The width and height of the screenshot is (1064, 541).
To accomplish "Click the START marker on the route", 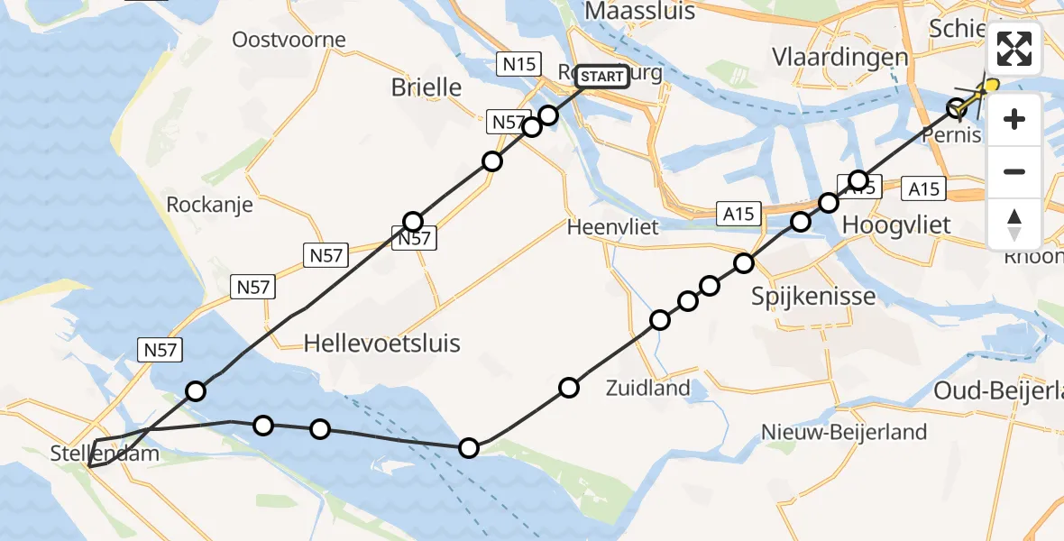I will [601, 77].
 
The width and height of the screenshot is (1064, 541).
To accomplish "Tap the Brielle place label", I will [427, 87].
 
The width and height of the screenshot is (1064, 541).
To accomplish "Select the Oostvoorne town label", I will [289, 40].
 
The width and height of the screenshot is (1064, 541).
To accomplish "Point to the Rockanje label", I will [209, 205].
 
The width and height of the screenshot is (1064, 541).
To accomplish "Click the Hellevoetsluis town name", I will [382, 343].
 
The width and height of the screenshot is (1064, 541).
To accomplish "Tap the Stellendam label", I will [106, 453].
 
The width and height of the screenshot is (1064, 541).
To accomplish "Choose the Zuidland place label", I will [648, 389].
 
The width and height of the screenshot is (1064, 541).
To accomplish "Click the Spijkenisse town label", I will [813, 296].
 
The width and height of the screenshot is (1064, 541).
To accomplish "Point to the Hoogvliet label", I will [896, 225].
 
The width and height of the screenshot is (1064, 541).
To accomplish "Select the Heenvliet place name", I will [613, 227].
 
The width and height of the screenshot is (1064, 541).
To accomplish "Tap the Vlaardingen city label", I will [839, 57].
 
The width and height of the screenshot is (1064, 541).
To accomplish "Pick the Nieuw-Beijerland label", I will [843, 432].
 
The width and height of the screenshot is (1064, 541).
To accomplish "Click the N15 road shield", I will [518, 63].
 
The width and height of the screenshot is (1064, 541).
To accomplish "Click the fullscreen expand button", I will [1014, 49].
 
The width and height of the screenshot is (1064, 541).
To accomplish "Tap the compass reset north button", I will [1014, 225].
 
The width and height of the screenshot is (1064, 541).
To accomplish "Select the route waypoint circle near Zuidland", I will [569, 388].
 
